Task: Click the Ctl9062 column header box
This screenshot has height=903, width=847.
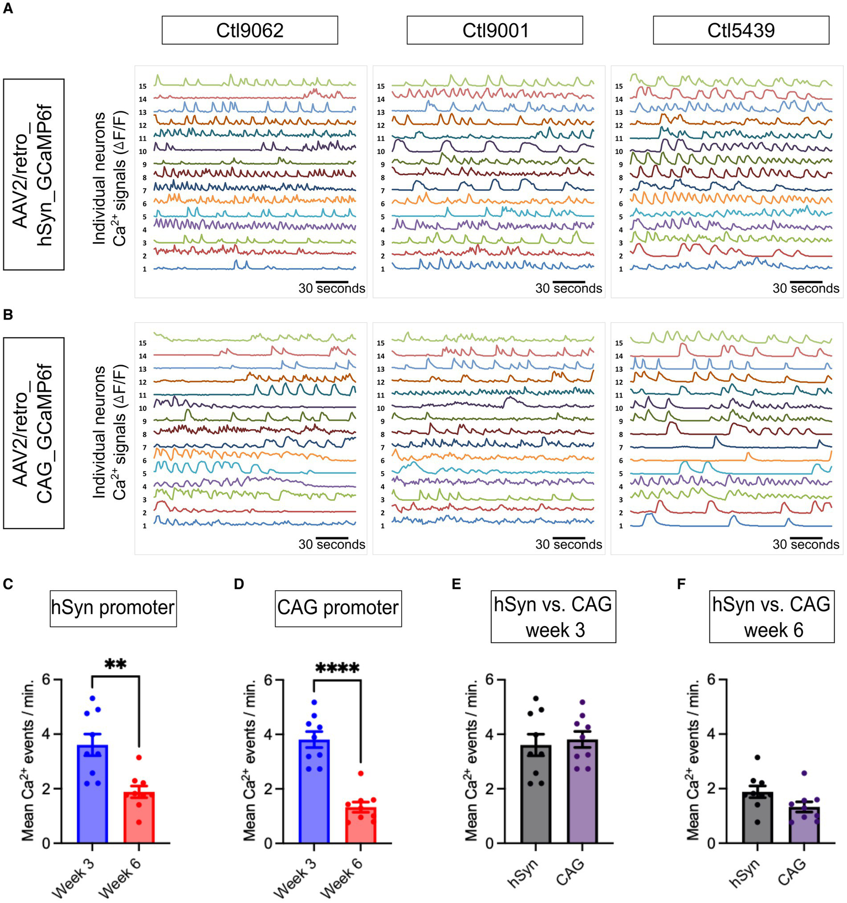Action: (x=249, y=30)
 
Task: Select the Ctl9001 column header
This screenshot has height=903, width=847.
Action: (x=494, y=30)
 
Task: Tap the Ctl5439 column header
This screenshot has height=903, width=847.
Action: (x=741, y=30)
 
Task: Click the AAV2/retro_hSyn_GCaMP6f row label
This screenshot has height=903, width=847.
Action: (x=34, y=174)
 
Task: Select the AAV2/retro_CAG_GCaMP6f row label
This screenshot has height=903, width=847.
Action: (x=34, y=433)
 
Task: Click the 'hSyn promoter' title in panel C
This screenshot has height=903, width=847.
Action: (x=113, y=608)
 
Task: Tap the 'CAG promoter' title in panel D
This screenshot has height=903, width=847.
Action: (x=338, y=608)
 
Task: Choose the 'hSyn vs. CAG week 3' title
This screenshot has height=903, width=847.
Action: (x=553, y=617)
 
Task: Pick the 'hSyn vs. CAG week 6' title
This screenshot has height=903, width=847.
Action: (x=771, y=617)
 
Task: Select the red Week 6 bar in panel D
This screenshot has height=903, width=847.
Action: (x=361, y=825)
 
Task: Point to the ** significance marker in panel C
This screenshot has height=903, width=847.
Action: (x=116, y=664)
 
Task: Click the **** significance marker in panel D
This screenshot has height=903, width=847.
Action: (x=337, y=669)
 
